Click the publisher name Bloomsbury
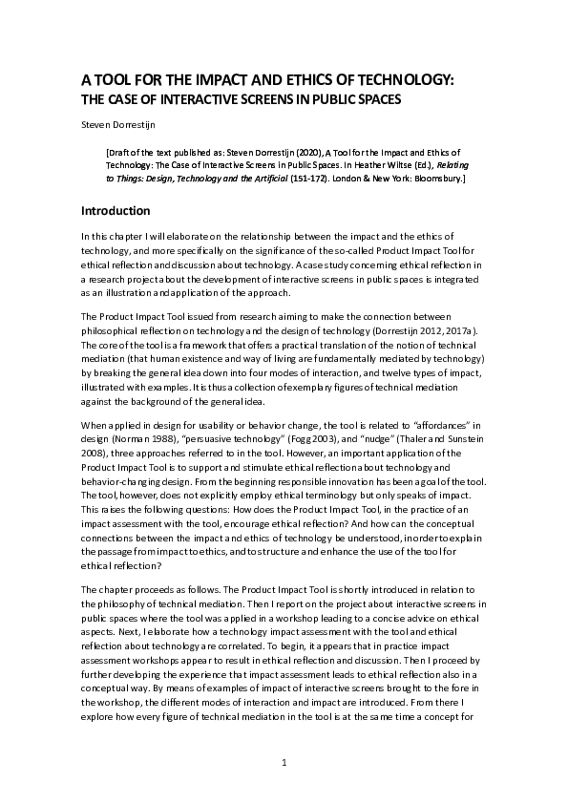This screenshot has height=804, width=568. (435, 178)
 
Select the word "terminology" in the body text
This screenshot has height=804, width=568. (341, 509)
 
